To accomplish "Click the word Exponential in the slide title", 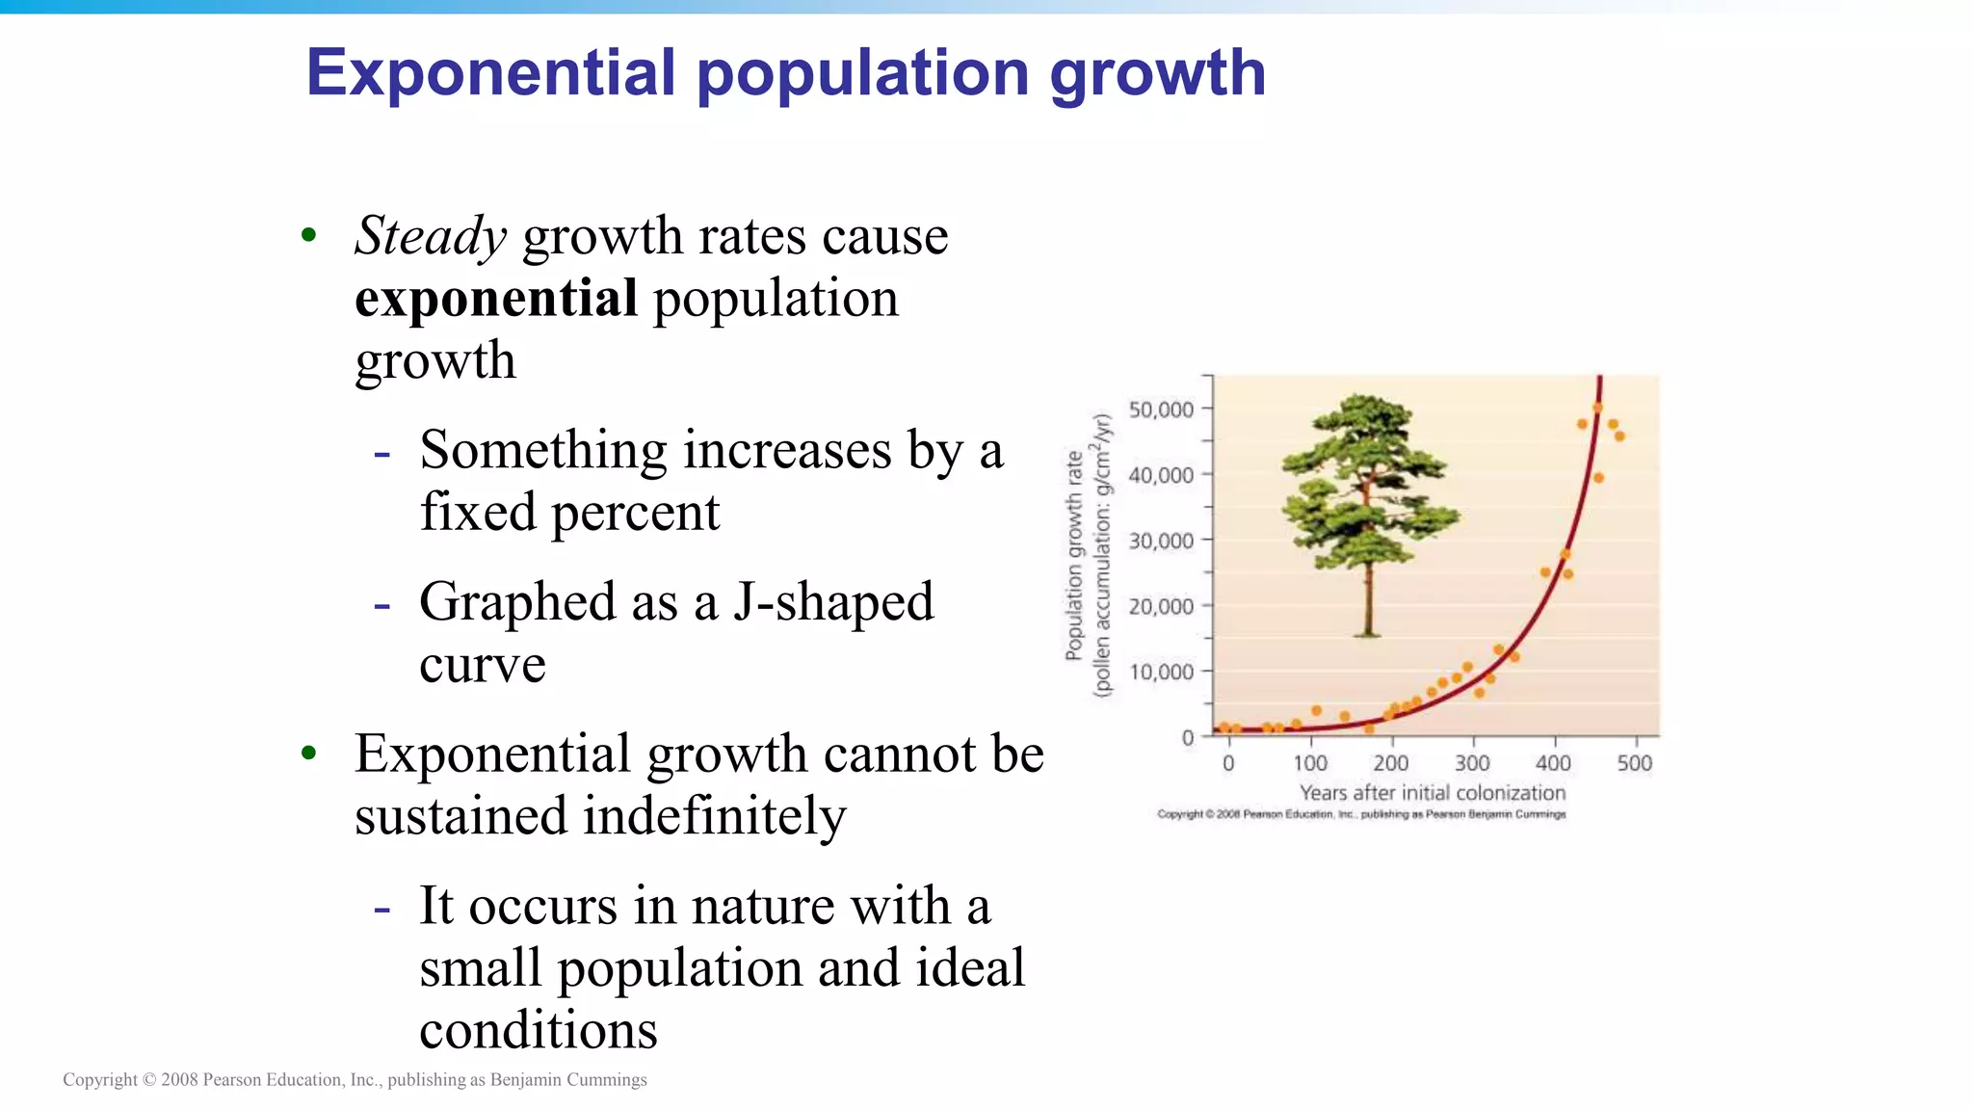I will (x=490, y=73).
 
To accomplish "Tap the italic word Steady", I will (x=430, y=236).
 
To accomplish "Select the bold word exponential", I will (x=496, y=298).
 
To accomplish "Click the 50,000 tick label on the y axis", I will (x=1161, y=410).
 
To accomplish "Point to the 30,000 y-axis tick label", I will (x=1161, y=541).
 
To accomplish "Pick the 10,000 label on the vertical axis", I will (x=1161, y=672).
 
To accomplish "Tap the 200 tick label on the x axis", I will (x=1390, y=763).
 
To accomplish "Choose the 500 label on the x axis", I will (x=1634, y=763).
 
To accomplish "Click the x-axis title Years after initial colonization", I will (x=1432, y=793).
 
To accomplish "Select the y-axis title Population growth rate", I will (x=1073, y=556).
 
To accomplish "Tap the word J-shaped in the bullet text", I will (x=833, y=602).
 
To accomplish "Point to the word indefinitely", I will (x=714, y=816).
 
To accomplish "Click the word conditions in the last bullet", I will (x=538, y=1030).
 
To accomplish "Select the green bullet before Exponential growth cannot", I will (x=308, y=753).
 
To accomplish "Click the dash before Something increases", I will (x=382, y=452).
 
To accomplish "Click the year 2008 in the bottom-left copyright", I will (x=179, y=1080).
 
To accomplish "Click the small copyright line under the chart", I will (x=1361, y=814).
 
